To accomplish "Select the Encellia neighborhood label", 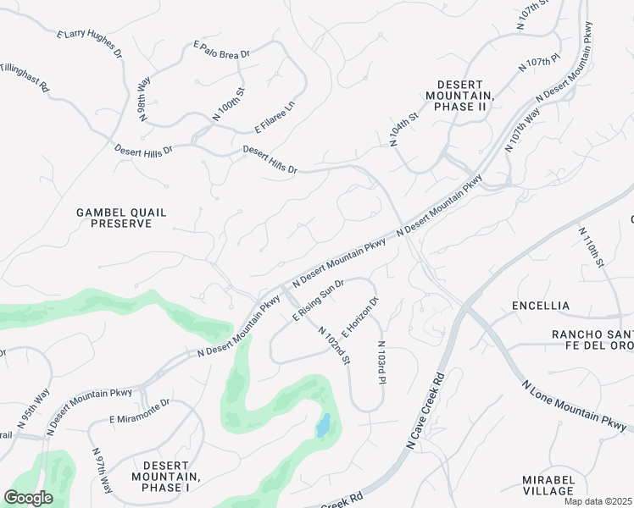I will [541, 305].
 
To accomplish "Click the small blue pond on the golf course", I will [322, 426].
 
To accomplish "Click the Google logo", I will [29, 497].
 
